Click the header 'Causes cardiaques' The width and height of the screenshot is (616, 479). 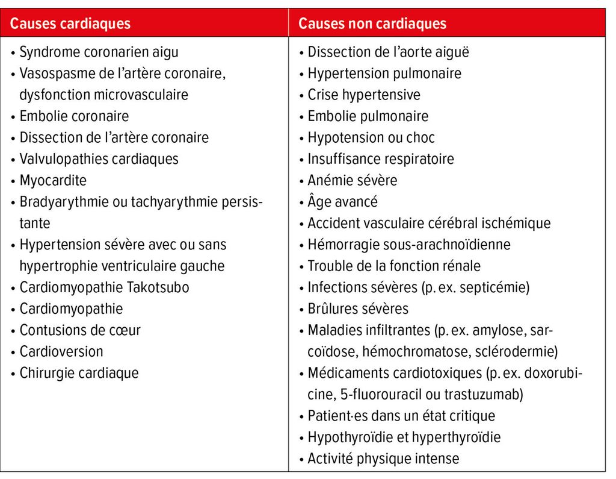pyautogui.click(x=70, y=23)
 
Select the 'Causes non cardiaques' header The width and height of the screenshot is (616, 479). pyautogui.click(x=372, y=23)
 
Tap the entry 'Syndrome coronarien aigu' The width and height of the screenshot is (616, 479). pyautogui.click(x=99, y=52)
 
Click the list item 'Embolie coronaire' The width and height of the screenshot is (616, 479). pyautogui.click(x=74, y=116)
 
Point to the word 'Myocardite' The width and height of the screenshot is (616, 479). pyautogui.click(x=53, y=180)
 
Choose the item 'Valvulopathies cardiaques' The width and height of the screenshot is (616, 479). pyautogui.click(x=99, y=159)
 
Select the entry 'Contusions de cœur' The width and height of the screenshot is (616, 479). pyautogui.click(x=80, y=330)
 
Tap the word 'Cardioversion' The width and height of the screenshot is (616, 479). pyautogui.click(x=61, y=351)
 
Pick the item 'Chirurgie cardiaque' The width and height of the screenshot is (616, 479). pyautogui.click(x=79, y=373)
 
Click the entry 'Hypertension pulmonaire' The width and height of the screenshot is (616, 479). pyautogui.click(x=384, y=74)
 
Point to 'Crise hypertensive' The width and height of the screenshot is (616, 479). pyautogui.click(x=364, y=95)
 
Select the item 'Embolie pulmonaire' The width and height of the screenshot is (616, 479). pyautogui.click(x=368, y=116)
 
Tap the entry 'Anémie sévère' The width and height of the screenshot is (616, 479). pyautogui.click(x=353, y=180)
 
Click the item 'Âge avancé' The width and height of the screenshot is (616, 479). pyautogui.click(x=342, y=201)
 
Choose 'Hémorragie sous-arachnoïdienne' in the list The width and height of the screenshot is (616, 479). pyautogui.click(x=409, y=245)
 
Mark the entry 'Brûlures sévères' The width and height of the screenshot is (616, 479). pyautogui.click(x=358, y=308)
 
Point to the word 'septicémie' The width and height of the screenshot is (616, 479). pyautogui.click(x=497, y=287)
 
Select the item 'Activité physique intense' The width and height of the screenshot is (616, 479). pyautogui.click(x=383, y=459)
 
